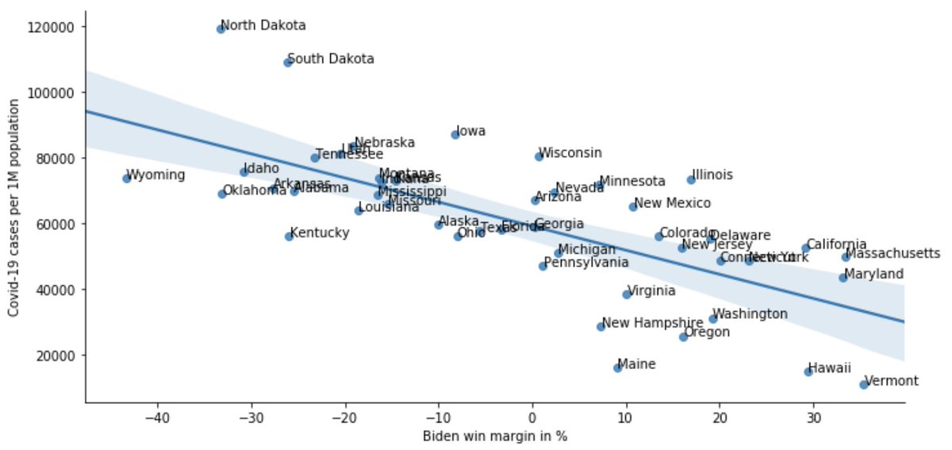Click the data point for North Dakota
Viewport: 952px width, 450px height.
(x=221, y=29)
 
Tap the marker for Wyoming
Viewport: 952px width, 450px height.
(x=126, y=179)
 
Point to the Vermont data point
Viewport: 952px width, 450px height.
(x=863, y=385)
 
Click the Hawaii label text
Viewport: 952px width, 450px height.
(x=830, y=368)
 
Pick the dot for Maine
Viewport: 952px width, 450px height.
(x=617, y=368)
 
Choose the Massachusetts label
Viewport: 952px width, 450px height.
(x=892, y=254)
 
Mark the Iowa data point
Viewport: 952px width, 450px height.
(x=455, y=135)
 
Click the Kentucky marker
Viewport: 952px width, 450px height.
(x=289, y=237)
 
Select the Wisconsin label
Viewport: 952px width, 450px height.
(x=570, y=153)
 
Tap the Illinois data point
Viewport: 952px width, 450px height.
(x=691, y=180)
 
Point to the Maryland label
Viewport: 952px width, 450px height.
(x=873, y=275)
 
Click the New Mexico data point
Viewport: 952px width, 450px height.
(x=633, y=207)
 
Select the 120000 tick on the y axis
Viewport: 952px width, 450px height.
(x=52, y=27)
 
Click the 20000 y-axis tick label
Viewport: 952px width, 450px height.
(x=55, y=356)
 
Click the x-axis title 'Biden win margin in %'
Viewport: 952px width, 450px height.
(x=494, y=437)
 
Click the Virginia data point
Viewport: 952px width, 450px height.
(x=627, y=294)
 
